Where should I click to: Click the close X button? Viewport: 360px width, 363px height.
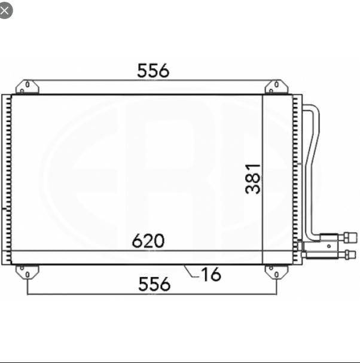click(x=5, y=10)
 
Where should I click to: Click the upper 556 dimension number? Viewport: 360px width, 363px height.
click(x=153, y=71)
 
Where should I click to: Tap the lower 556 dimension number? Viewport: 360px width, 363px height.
click(x=154, y=283)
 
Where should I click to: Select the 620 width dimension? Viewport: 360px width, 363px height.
click(x=148, y=241)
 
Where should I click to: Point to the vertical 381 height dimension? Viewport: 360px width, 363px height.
click(x=253, y=178)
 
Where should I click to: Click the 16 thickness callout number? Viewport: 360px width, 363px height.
click(x=211, y=274)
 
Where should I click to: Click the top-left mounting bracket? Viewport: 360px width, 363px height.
click(x=27, y=87)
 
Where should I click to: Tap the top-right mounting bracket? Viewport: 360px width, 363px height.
click(x=276, y=87)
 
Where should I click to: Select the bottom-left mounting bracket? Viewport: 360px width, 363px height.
click(x=27, y=272)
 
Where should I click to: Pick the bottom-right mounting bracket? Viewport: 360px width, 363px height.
click(x=276, y=272)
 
